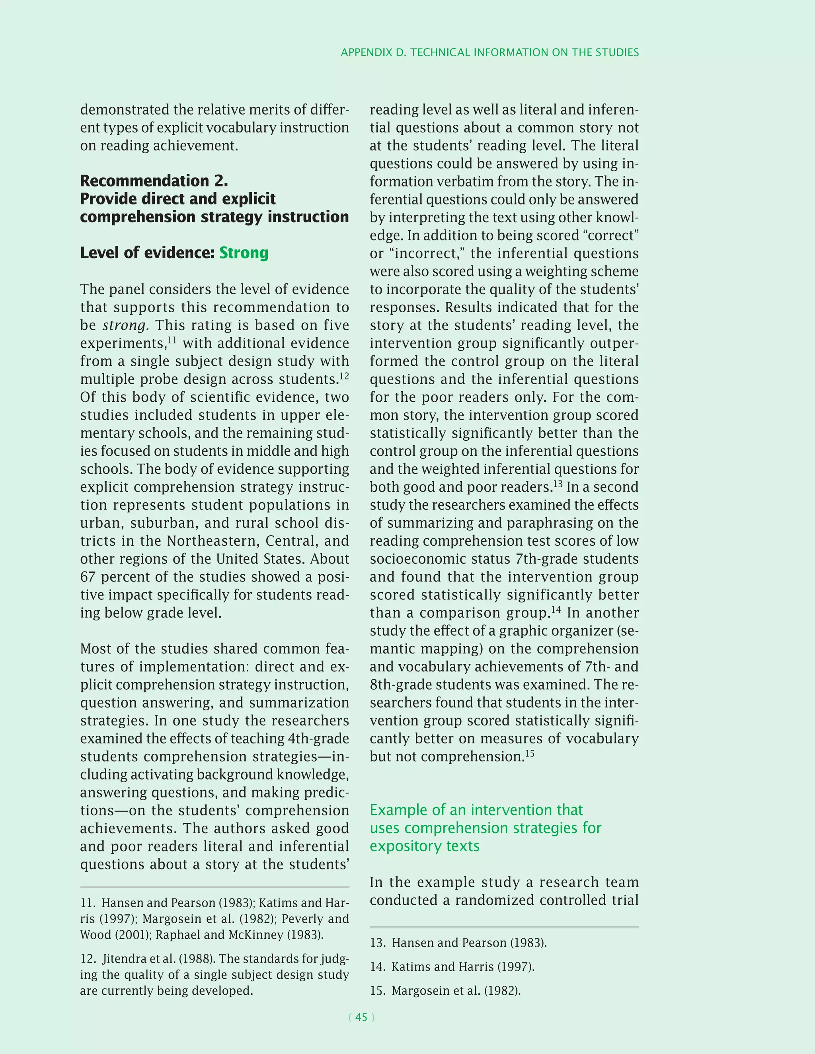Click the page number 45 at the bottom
361,1017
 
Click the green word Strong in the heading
244,253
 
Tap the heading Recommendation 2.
154,181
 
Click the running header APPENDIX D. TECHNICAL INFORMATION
489,53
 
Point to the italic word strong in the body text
125,326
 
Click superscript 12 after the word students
344,376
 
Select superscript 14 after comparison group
556,609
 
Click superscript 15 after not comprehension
530,753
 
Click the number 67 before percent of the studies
88,577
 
